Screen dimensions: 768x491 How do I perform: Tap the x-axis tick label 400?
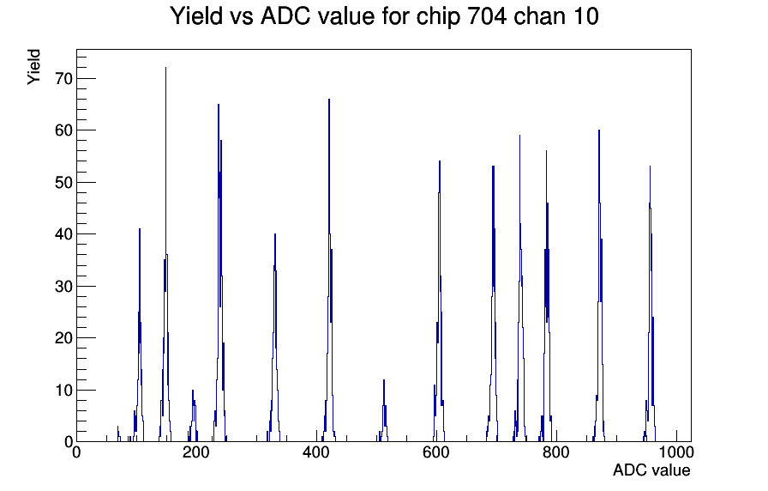pos(316,452)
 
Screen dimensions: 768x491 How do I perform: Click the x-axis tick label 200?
pos(196,452)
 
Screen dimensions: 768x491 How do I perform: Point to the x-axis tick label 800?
pos(556,452)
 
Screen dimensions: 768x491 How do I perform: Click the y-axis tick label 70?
pos(64,78)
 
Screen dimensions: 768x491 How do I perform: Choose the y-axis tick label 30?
pos(64,286)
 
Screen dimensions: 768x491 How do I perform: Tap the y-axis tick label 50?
pos(64,183)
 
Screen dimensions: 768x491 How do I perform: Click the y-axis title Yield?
pos(33,67)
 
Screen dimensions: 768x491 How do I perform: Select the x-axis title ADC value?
pos(651,470)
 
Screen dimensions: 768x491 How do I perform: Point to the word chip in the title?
pos(438,17)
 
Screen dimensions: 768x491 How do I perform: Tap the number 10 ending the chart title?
pos(585,16)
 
